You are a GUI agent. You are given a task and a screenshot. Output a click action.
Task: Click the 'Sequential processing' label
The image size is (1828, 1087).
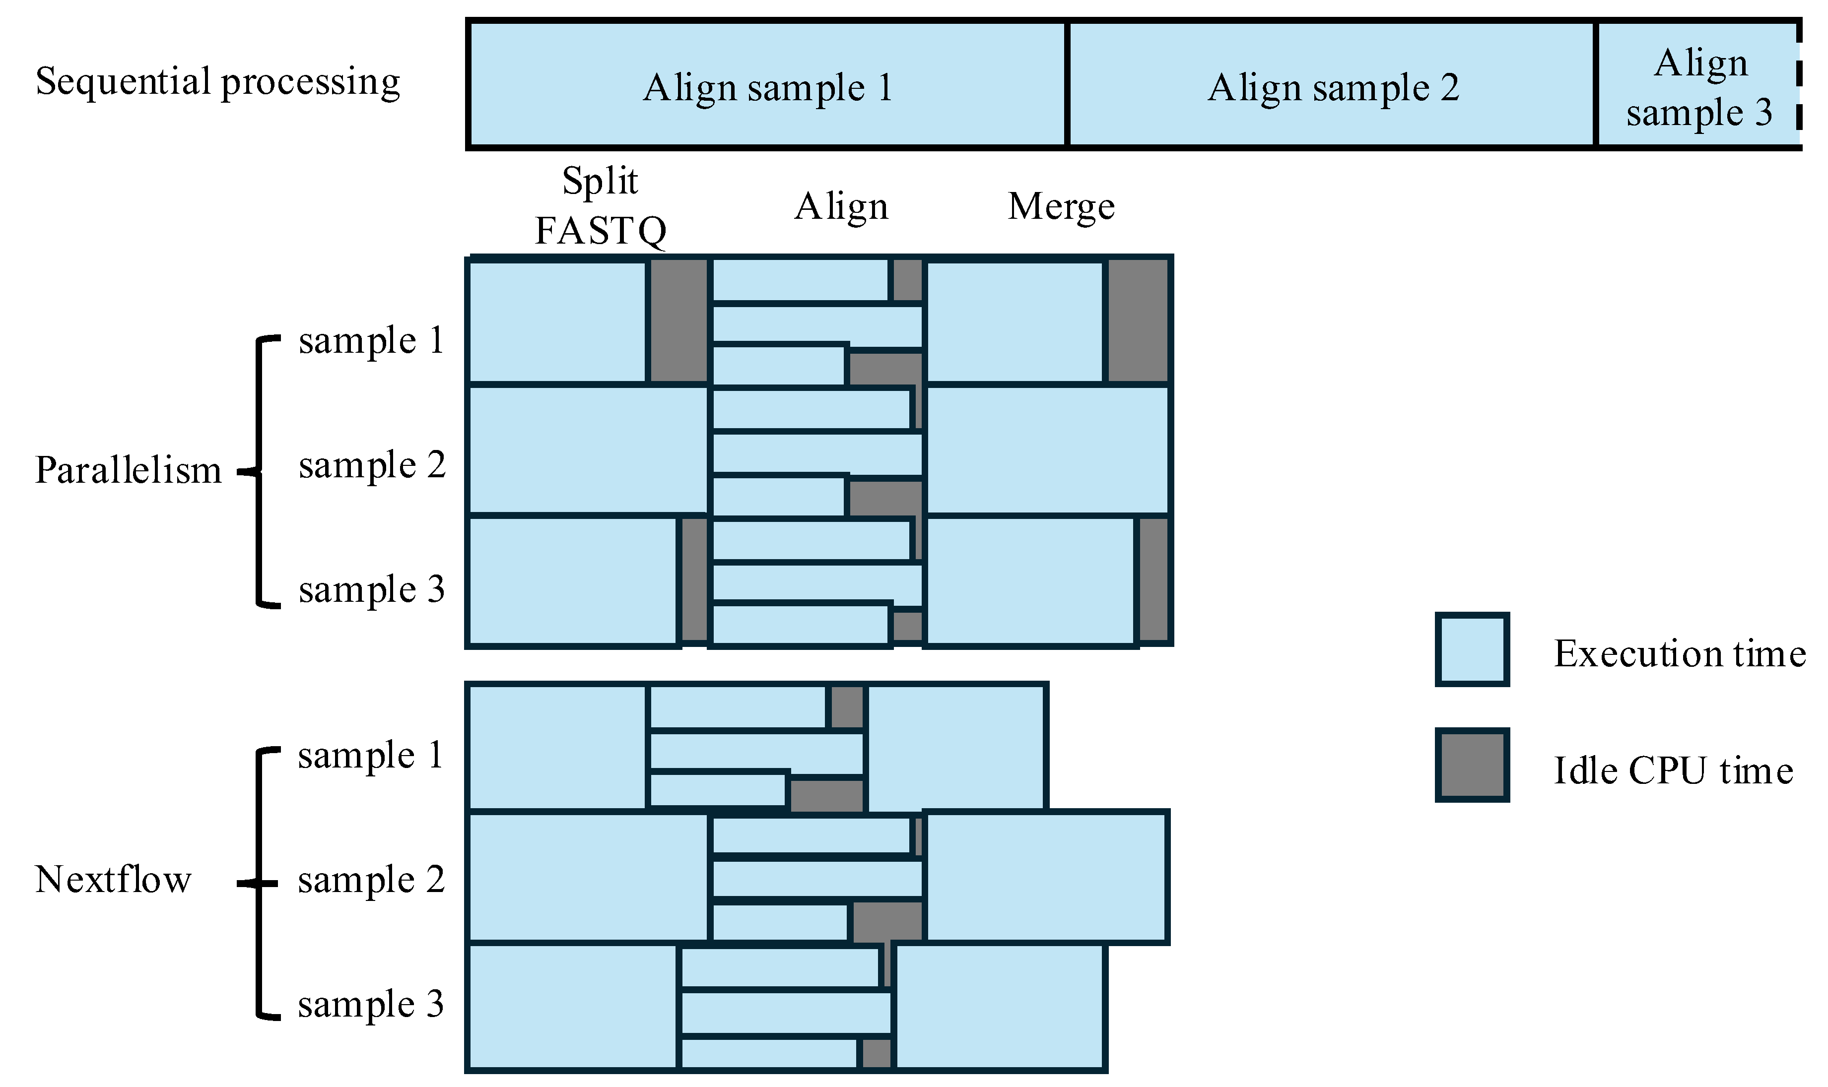coord(217,81)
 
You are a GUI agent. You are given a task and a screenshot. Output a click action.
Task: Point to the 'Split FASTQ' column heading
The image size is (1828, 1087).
coord(600,206)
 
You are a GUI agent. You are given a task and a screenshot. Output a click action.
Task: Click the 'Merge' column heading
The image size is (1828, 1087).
coord(1060,206)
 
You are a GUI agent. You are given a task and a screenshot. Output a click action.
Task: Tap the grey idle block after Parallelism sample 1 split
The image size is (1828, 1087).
coord(678,321)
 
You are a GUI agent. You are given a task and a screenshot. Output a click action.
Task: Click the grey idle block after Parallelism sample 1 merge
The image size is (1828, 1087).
coord(1137,321)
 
